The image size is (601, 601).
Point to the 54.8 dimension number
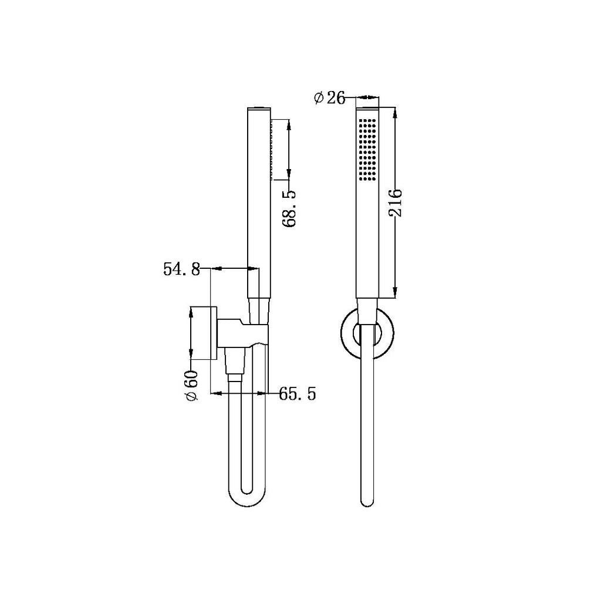coord(181,269)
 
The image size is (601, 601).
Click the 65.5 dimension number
coord(298,394)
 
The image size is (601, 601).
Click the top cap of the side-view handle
coord(258,109)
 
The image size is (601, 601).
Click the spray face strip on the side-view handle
coord(271,150)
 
